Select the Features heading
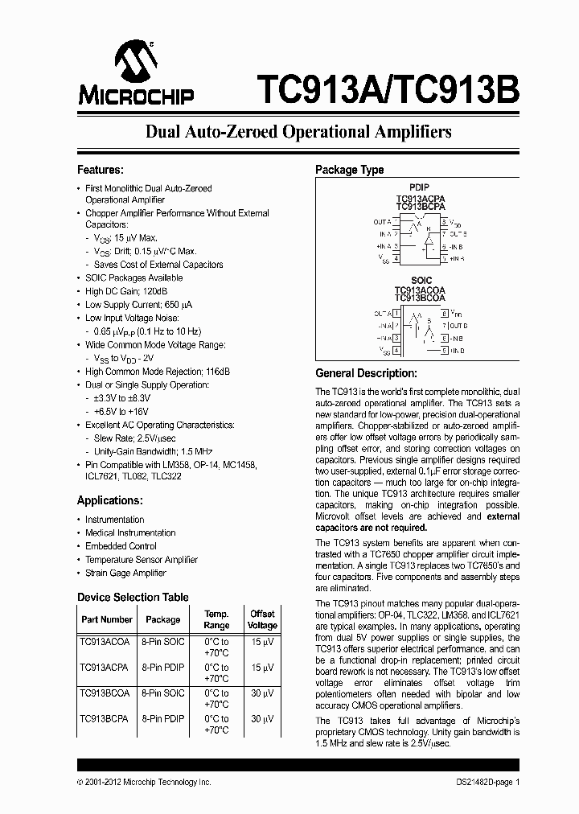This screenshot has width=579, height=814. [100, 170]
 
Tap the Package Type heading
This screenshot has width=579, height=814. [349, 170]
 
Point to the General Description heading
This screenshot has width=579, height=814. [366, 373]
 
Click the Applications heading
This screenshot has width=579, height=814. [109, 500]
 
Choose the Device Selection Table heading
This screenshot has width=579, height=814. [133, 597]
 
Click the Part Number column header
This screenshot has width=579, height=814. [107, 619]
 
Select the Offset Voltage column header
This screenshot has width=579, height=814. [262, 619]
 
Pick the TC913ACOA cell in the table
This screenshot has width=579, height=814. [105, 642]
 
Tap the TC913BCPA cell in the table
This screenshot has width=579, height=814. [105, 719]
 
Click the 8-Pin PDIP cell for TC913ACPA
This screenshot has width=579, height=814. [162, 668]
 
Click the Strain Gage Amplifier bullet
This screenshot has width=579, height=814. [125, 573]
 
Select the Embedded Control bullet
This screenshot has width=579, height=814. [121, 546]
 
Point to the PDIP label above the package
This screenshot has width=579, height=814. [420, 187]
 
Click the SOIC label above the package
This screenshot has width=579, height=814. [420, 281]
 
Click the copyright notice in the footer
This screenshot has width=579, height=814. [143, 782]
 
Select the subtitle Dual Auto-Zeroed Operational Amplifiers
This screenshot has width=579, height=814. [298, 131]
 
